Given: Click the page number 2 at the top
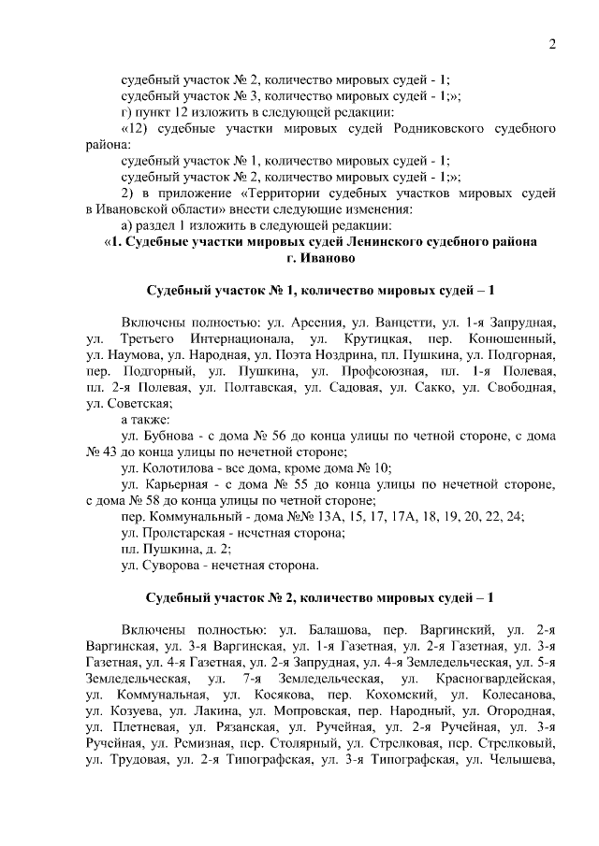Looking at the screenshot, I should [x=552, y=44].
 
